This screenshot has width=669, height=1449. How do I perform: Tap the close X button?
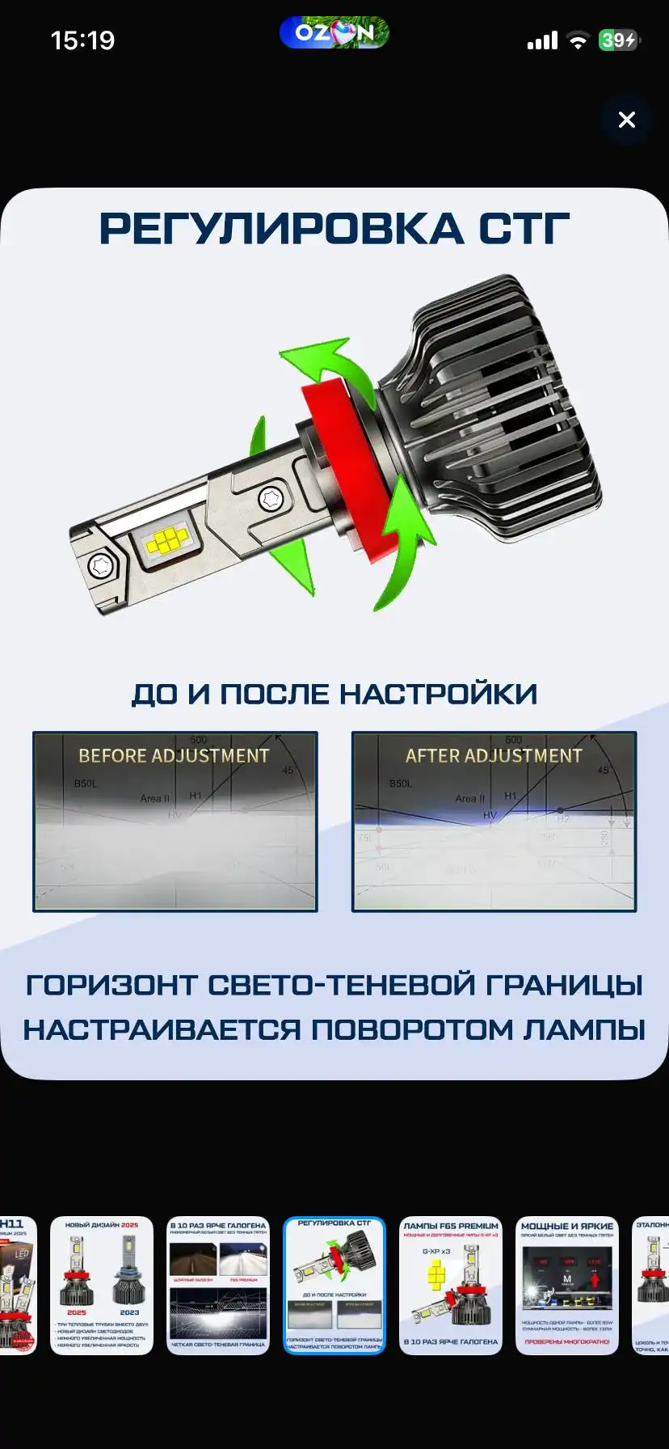tap(626, 120)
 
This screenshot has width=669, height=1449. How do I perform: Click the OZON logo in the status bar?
tap(334, 33)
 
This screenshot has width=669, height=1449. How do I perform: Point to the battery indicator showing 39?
tap(619, 40)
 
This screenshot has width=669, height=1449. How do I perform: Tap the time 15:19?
tap(82, 40)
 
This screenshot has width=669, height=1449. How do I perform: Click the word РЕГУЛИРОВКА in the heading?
tap(281, 229)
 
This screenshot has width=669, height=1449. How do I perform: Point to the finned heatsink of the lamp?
tap(493, 404)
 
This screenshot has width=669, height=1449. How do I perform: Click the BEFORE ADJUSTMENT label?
tap(174, 756)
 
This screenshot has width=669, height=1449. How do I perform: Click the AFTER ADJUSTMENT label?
tap(494, 756)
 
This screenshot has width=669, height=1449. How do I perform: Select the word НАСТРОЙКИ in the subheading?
tap(438, 695)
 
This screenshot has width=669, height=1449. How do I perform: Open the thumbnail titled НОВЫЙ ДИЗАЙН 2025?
tap(102, 1285)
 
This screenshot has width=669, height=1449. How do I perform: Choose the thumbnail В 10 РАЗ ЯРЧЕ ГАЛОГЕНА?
tap(218, 1285)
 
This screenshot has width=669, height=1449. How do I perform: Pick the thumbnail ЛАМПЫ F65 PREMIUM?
tap(451, 1285)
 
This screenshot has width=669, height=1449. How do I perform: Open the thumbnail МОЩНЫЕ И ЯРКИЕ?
tap(567, 1285)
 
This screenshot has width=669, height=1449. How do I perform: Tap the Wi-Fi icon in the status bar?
tap(578, 40)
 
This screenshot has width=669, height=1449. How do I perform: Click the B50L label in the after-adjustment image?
tap(401, 784)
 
